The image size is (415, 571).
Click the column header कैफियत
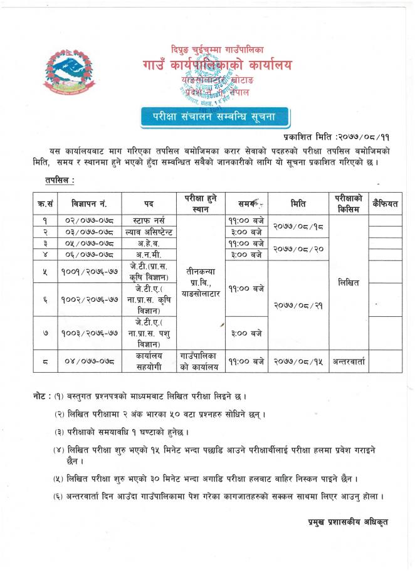pyautogui.click(x=385, y=204)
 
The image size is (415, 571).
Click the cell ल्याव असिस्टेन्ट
pyautogui.click(x=149, y=232)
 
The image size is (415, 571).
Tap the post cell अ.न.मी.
pyautogui.click(x=149, y=255)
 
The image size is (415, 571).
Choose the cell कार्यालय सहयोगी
pyautogui.click(x=149, y=361)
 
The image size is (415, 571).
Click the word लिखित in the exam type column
pyautogui.click(x=347, y=282)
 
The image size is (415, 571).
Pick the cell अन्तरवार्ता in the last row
pyautogui.click(x=347, y=361)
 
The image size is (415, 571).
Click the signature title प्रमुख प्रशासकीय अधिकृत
pyautogui.click(x=348, y=521)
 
